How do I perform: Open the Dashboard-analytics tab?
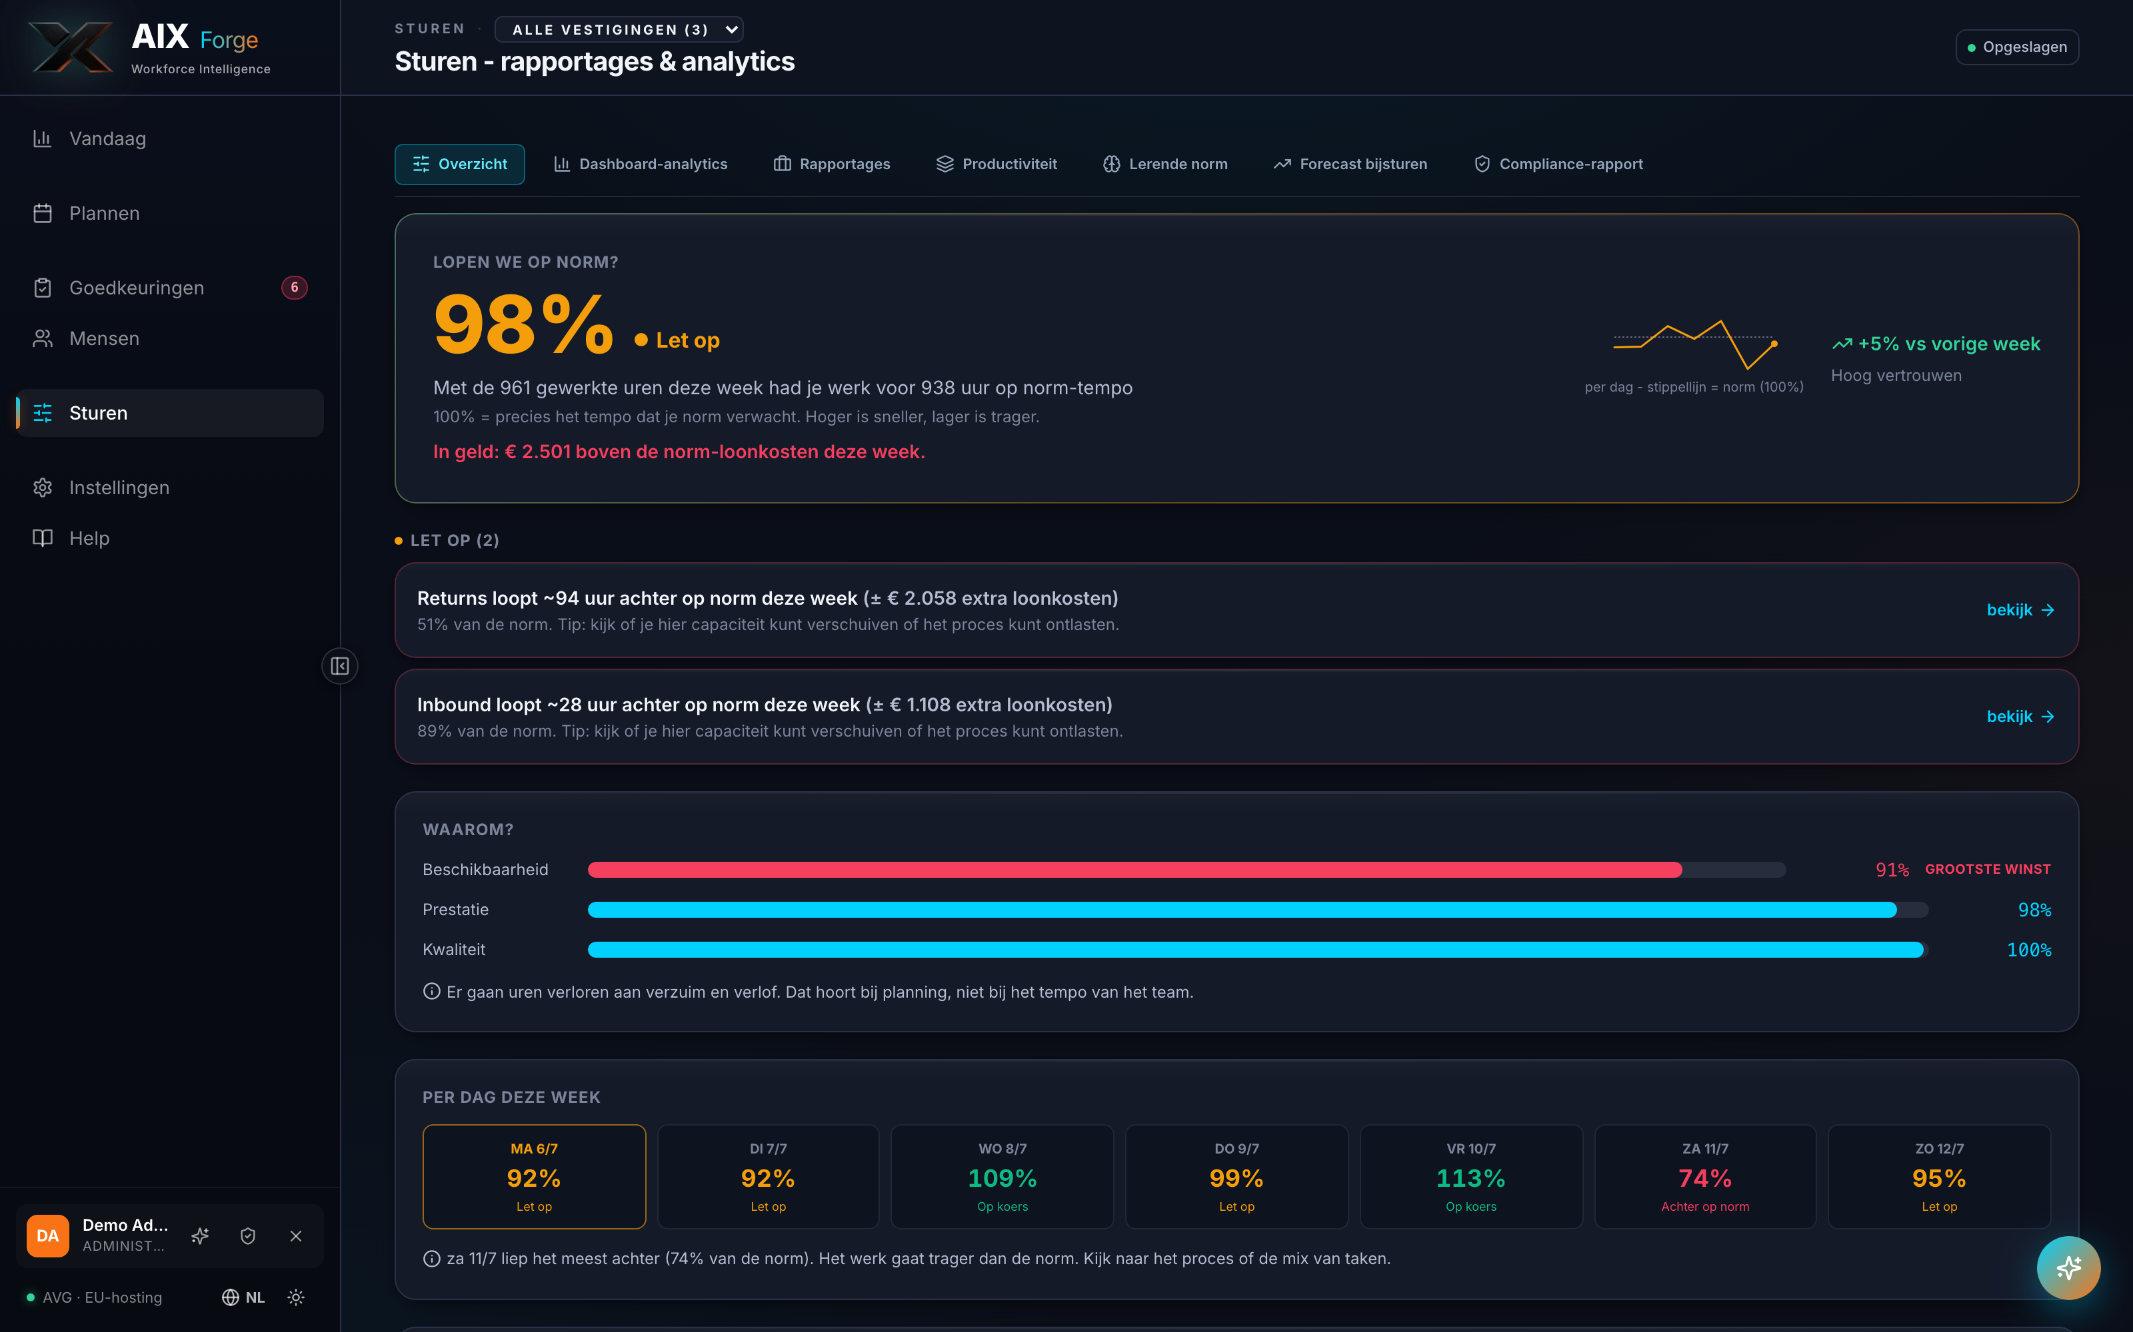640,164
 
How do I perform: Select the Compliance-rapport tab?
1558,164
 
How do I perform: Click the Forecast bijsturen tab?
1350,164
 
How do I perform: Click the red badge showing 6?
295,287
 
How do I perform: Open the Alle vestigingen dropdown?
619,29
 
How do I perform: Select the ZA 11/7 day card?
1704,1176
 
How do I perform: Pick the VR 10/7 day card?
1471,1176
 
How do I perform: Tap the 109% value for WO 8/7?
1002,1178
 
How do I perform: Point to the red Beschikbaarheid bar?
1134,870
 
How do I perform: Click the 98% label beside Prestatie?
2034,910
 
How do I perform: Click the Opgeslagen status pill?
2016,47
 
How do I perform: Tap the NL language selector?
243,1297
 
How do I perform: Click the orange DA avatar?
47,1236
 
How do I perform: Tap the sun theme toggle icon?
296,1297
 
